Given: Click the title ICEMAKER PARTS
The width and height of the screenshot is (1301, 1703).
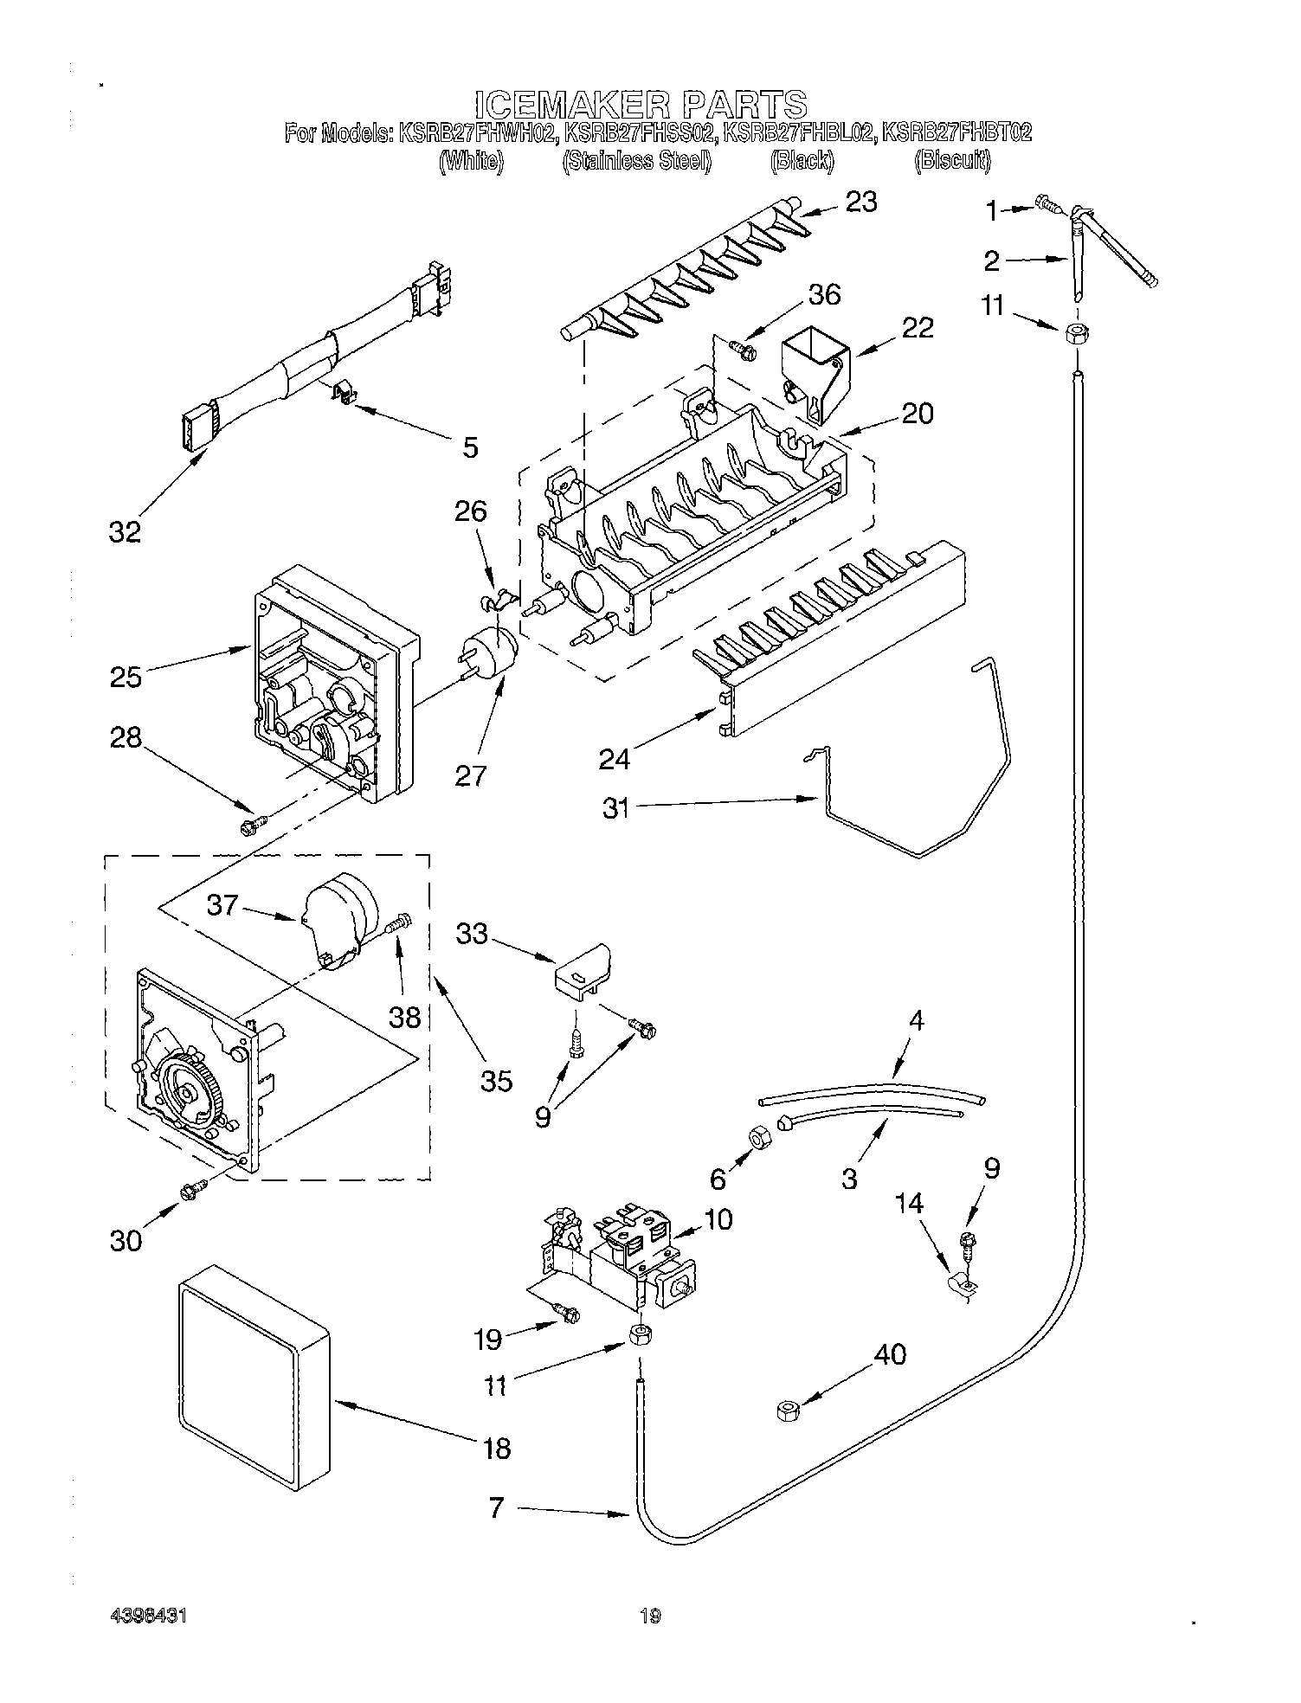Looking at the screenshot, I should coord(641,104).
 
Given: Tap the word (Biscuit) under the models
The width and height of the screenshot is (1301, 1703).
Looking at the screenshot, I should coord(952,161).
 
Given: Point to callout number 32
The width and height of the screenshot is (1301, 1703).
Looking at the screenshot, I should coord(125,532).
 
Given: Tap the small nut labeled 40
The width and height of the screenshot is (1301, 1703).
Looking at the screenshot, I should coord(787,1411).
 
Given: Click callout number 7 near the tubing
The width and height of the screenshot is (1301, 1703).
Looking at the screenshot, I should coord(496,1508).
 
